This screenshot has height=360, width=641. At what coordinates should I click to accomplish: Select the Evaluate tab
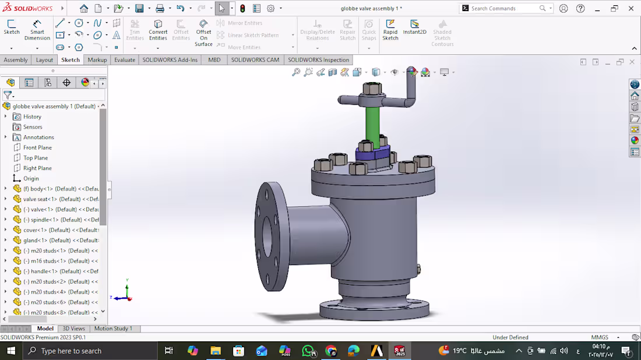[x=124, y=60]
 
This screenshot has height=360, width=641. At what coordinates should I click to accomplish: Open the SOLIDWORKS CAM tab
[x=255, y=60]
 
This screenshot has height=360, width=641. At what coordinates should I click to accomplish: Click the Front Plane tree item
[x=37, y=147]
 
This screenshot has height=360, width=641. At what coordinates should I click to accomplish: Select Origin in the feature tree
[x=31, y=178]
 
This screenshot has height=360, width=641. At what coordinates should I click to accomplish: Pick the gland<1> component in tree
[x=35, y=240]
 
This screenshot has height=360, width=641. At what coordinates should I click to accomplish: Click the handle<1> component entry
[x=44, y=271]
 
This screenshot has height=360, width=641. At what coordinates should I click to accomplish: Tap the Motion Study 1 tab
[x=113, y=329]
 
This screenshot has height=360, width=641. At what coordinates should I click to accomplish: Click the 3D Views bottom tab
[x=73, y=329]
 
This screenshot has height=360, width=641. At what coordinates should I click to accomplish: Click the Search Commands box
[x=503, y=8]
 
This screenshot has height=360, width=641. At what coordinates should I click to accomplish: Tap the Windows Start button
[x=11, y=351]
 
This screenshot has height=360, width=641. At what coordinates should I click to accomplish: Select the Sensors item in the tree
[x=33, y=127]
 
